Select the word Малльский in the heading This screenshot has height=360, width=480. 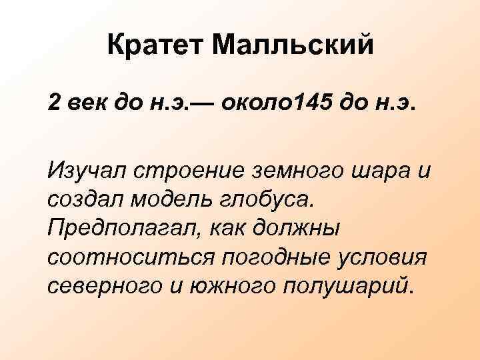coord(295,46)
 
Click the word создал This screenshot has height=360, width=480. coord(83,199)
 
